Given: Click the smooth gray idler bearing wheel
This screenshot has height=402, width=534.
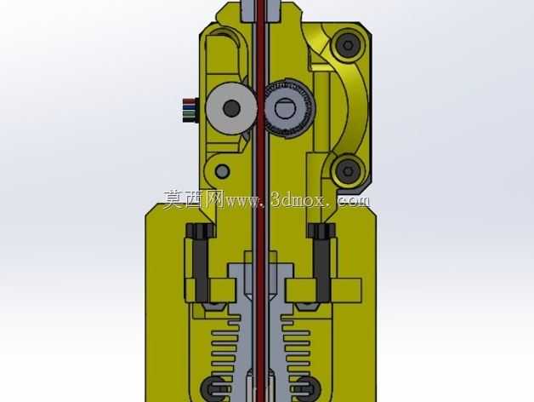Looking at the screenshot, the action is click(x=231, y=108).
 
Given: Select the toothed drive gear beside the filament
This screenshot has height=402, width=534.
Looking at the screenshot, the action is click(x=289, y=108).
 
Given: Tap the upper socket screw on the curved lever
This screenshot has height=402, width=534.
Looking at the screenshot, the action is click(x=348, y=45).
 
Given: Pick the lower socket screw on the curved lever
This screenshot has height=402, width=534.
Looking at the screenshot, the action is click(x=348, y=170).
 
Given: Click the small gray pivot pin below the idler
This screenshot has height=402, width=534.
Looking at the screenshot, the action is click(x=223, y=170).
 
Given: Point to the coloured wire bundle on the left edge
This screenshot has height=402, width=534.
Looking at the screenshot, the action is click(x=190, y=110).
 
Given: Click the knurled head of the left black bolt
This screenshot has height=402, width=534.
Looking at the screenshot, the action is click(x=200, y=231).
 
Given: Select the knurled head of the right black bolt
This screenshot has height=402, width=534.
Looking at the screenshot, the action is click(x=321, y=231).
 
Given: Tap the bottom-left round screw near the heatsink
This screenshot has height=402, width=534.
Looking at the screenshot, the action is click(x=214, y=389).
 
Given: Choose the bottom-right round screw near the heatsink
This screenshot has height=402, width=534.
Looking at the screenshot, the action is click(x=306, y=389).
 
